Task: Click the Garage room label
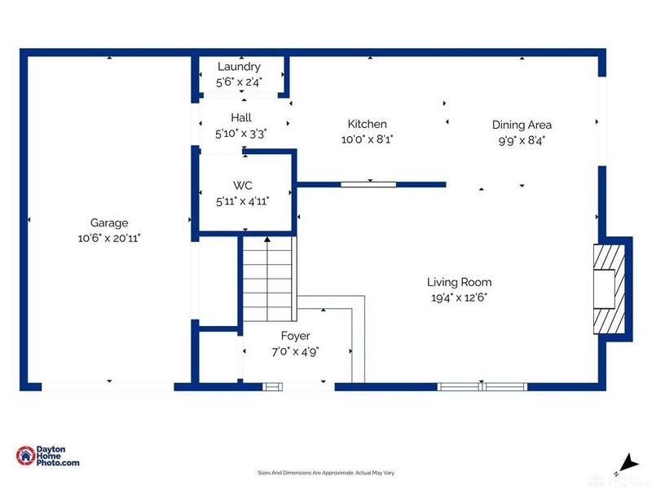click(109, 223)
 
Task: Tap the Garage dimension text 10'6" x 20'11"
click(109, 238)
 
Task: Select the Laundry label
click(239, 67)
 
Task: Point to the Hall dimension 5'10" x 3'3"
click(240, 134)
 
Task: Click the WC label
click(242, 186)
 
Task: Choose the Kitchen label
click(368, 124)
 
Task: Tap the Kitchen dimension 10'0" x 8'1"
click(368, 139)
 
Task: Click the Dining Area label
click(522, 125)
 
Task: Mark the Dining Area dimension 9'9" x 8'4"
click(522, 140)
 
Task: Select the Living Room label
click(459, 282)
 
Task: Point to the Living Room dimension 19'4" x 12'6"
click(459, 297)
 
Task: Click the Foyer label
click(295, 336)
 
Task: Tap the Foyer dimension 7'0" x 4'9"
click(295, 352)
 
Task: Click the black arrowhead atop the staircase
click(267, 240)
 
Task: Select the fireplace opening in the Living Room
click(604, 289)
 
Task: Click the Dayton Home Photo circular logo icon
click(25, 456)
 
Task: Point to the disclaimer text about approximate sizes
click(326, 473)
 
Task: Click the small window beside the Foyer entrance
click(272, 387)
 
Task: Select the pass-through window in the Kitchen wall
click(368, 184)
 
